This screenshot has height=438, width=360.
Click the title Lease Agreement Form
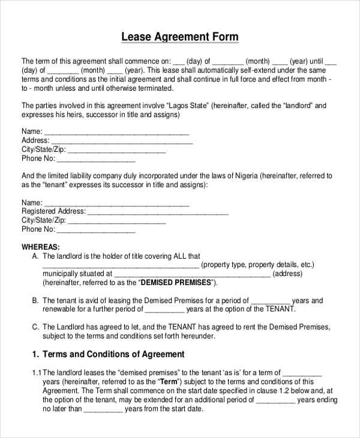click(x=180, y=37)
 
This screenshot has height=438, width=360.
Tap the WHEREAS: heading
click(x=41, y=247)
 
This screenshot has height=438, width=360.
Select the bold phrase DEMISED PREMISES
click(x=176, y=282)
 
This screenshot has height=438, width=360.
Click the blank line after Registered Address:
click(x=158, y=212)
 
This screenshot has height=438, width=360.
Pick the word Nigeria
click(x=243, y=176)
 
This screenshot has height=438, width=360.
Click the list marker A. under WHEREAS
click(x=35, y=256)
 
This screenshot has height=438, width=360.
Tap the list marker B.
click(x=35, y=301)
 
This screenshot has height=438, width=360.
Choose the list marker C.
click(x=35, y=327)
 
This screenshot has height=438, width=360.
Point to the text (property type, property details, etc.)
click(x=257, y=265)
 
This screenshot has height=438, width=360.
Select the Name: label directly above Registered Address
click(x=32, y=203)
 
